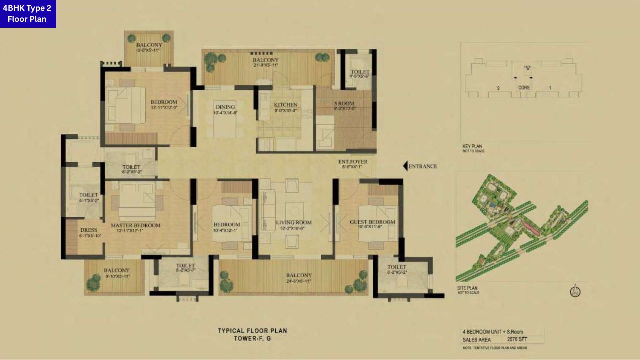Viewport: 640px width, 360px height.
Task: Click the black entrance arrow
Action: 406,166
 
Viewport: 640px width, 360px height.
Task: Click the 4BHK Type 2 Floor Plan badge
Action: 28,14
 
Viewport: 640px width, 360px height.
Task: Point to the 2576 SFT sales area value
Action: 521,339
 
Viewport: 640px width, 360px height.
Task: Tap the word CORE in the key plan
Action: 523,88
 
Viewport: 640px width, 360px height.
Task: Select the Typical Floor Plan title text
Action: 252,331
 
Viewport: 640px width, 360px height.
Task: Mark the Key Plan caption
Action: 472,147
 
